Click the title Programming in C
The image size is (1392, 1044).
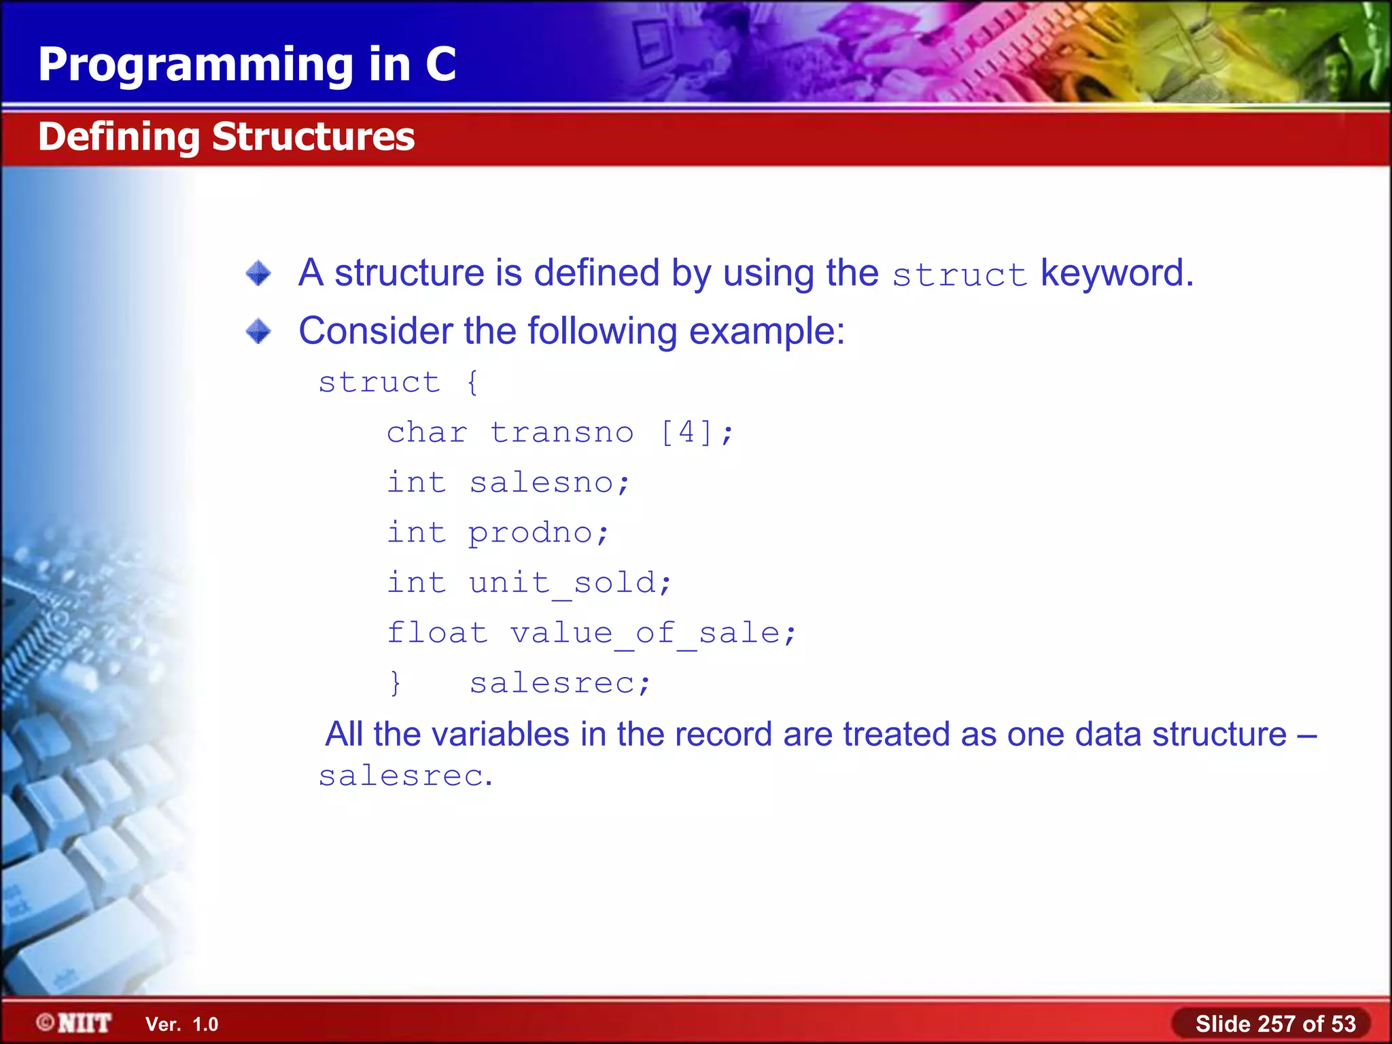coord(247,65)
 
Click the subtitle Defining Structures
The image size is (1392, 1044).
coord(226,137)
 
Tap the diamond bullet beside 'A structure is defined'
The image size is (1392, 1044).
coord(258,273)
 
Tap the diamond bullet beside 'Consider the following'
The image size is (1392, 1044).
coord(258,332)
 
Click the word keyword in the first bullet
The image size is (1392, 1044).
coord(1117,273)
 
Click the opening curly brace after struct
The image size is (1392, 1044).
coord(473,382)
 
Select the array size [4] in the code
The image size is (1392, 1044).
coord(687,432)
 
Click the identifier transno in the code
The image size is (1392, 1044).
coord(561,433)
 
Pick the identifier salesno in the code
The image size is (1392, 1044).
coord(542,483)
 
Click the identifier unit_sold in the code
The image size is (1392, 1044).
coord(562,583)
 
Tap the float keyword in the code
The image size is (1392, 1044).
coord(437,633)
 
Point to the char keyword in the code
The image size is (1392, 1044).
coord(427,433)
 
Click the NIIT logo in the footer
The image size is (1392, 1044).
coord(75,1023)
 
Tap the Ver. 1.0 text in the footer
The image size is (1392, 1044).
coord(181,1024)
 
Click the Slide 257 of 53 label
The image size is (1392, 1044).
coord(1275,1024)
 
